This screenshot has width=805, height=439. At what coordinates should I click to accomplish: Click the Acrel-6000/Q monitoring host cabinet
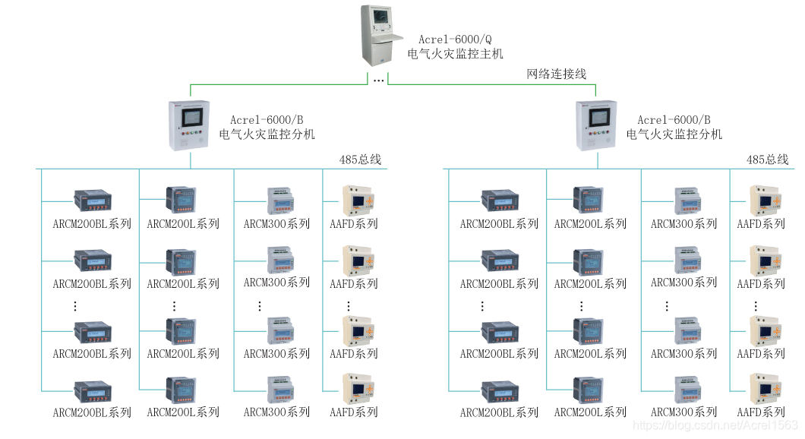[x=382, y=35]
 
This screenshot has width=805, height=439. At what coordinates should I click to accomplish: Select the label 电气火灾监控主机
[x=455, y=54]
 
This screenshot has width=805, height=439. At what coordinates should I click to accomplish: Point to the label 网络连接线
[x=557, y=74]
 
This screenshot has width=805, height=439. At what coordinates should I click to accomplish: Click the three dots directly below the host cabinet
[x=378, y=80]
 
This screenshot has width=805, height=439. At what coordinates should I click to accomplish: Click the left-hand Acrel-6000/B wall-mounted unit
[x=190, y=126]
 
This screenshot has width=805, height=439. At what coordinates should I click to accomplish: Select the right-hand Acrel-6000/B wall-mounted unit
[x=596, y=126]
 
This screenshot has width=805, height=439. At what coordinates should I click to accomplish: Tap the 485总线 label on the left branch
[x=360, y=159]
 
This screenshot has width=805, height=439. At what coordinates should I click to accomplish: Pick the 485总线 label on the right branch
[x=767, y=159]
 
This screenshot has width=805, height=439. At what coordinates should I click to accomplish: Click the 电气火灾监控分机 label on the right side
[x=674, y=134]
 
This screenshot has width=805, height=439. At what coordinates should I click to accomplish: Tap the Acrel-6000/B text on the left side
[x=267, y=120]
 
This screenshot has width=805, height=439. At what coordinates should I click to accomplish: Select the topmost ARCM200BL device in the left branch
[x=93, y=201]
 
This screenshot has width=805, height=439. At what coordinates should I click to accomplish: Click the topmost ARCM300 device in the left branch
[x=279, y=201]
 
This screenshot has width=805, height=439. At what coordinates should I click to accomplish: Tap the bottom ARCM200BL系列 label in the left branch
[x=92, y=412]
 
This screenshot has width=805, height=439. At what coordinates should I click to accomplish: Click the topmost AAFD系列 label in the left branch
[x=354, y=224]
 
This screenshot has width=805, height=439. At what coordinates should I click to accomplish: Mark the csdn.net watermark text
[x=715, y=427]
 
